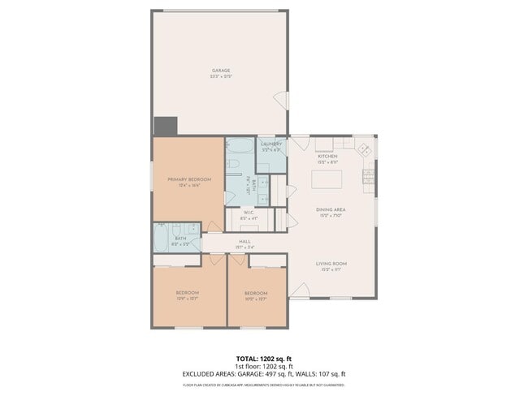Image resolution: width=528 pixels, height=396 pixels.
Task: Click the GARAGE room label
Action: tap(221, 71)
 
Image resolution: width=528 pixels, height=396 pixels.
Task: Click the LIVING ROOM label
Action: tap(331, 264)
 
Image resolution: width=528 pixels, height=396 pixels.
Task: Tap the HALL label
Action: tap(245, 242)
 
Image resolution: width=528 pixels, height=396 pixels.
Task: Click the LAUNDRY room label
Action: tap(271, 144)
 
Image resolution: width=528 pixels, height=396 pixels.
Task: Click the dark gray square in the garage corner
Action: tap(166, 126)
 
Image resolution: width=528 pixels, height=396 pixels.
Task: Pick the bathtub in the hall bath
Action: tap(161, 238)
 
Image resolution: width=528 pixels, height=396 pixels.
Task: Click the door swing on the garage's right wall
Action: tap(281, 101)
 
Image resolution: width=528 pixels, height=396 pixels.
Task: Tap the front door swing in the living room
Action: tap(300, 290)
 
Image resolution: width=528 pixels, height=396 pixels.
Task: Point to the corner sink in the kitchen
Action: tap(365, 149)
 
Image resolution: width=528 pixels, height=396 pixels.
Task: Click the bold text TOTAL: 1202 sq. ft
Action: tap(264, 358)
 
